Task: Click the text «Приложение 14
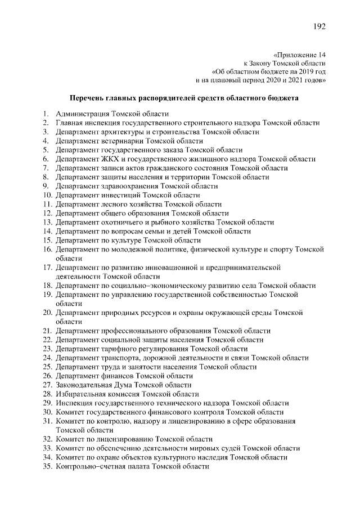(x=299, y=55)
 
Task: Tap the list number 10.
(x=47, y=195)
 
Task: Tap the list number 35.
(x=47, y=466)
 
